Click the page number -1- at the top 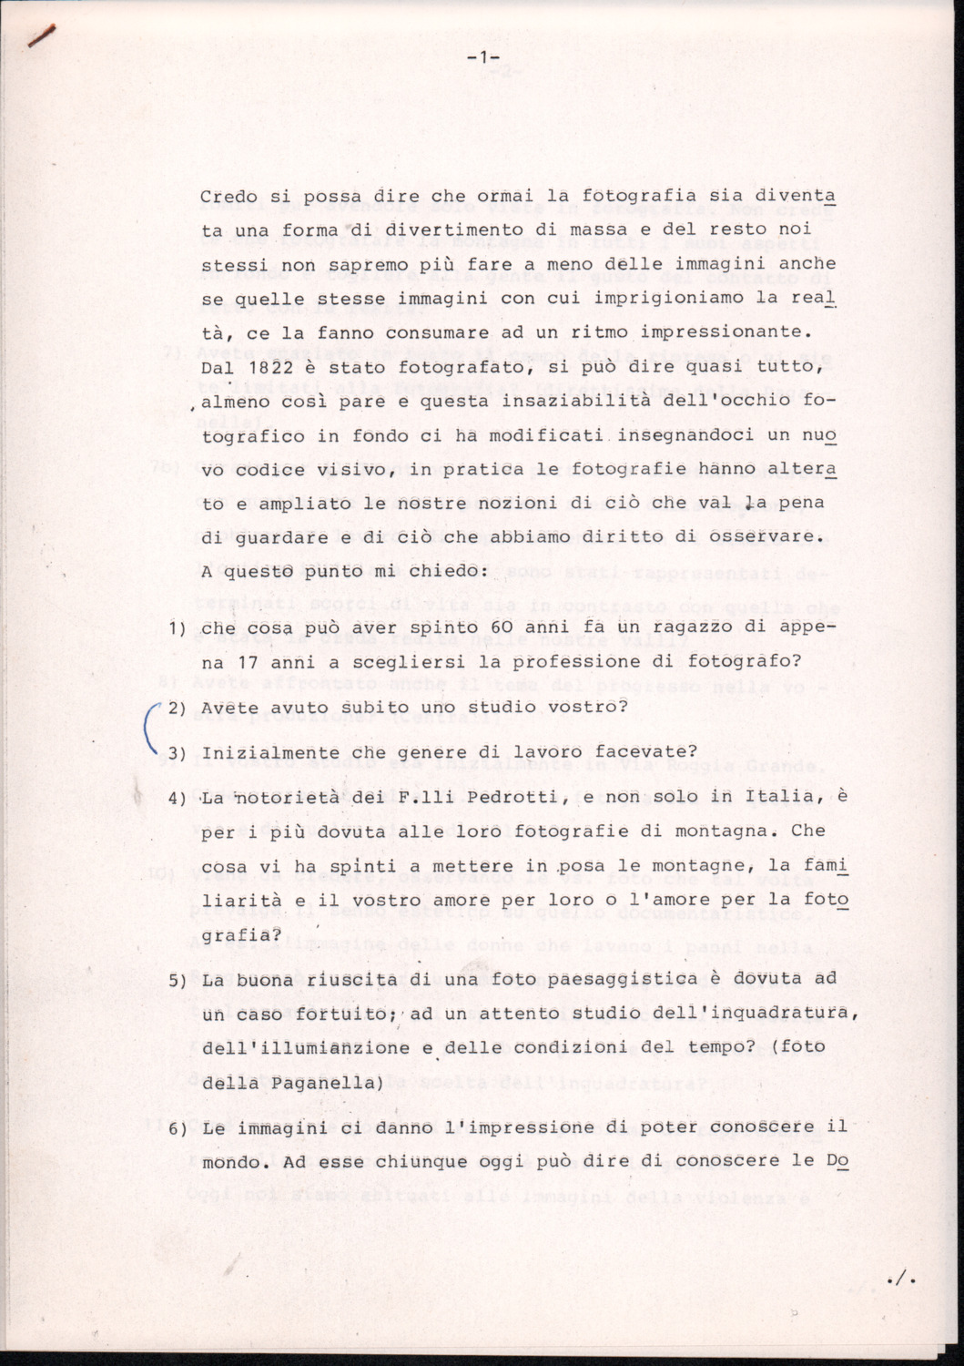coord(482,59)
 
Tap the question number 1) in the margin coord(178,627)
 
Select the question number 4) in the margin coord(178,798)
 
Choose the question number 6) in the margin coord(178,1127)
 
